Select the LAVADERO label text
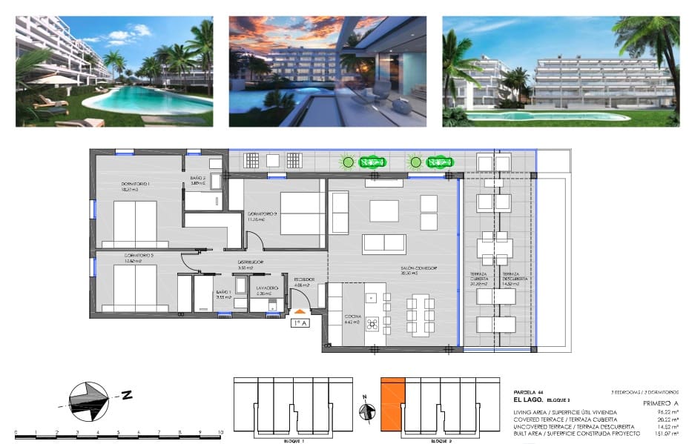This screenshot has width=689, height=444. click(x=267, y=288)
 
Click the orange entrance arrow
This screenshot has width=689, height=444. click(x=300, y=311)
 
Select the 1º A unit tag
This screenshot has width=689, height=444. click(x=300, y=323)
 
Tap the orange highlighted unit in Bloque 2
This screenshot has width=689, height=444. click(x=393, y=404)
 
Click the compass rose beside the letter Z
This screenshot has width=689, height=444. click(x=88, y=398)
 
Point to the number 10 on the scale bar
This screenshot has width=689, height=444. click(x=220, y=431)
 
